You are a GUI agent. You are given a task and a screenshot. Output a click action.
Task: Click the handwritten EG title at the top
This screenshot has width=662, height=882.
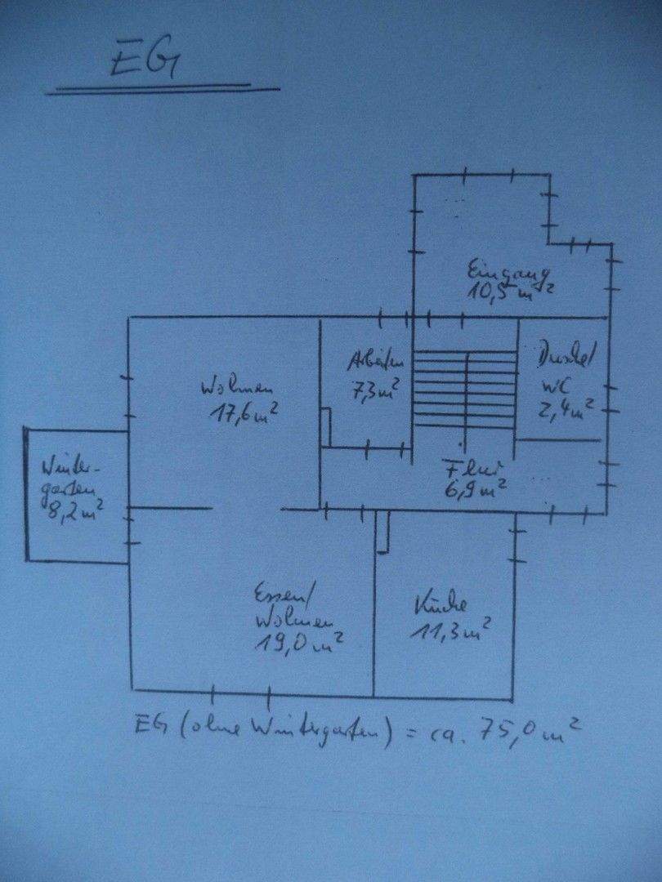point(145,63)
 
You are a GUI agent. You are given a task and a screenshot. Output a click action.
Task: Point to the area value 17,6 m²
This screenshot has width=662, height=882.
point(244,413)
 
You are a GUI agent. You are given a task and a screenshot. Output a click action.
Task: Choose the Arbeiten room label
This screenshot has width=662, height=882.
point(376,360)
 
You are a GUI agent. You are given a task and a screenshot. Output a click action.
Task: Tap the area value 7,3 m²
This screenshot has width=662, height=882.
point(375,391)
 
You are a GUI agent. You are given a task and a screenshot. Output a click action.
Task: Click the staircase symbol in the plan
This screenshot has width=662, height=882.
point(465,385)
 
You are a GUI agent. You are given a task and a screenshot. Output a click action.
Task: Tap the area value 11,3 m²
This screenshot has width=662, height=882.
point(454,630)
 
